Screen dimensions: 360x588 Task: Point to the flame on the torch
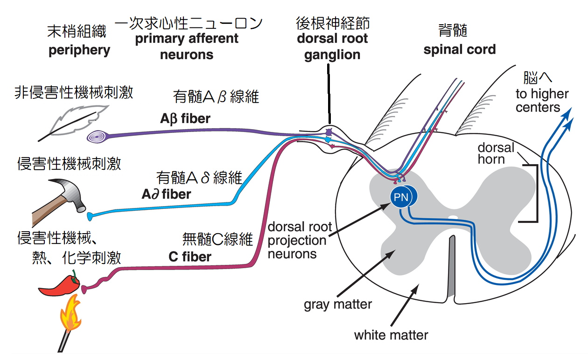click(70, 317)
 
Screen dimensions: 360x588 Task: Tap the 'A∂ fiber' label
click(166, 194)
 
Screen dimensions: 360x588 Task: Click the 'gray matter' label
click(338, 305)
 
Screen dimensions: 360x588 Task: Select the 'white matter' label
click(391, 335)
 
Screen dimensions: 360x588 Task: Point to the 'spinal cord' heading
click(459, 49)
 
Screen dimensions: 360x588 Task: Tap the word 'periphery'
click(79, 50)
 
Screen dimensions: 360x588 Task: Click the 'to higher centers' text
click(541, 101)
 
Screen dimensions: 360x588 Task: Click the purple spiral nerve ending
click(98, 137)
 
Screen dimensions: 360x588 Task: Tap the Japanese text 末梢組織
click(77, 31)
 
